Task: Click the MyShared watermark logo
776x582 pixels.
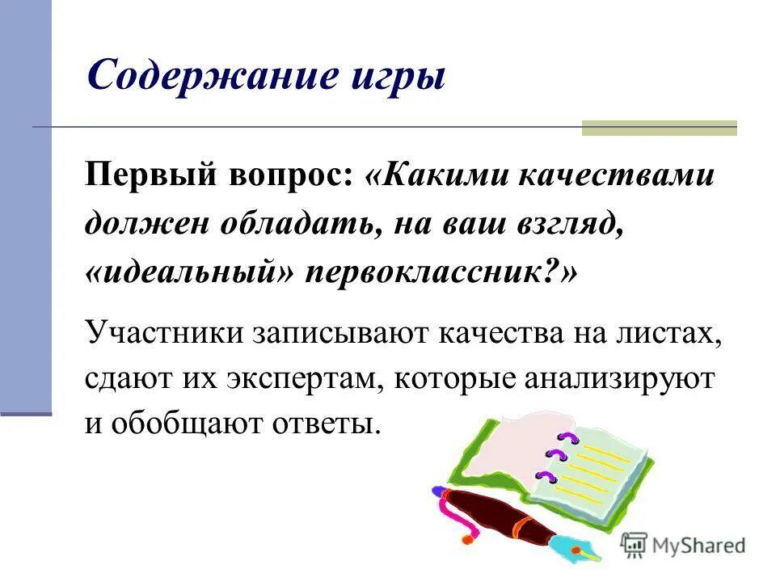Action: point(684,545)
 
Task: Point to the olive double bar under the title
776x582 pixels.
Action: point(660,128)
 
